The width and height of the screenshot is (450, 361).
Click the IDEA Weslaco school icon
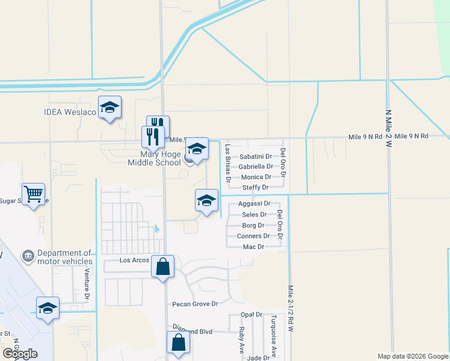(109, 108)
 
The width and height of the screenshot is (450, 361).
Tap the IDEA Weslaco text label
(70, 113)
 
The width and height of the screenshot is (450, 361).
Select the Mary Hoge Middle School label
(155, 158)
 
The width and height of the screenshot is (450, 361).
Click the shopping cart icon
(34, 194)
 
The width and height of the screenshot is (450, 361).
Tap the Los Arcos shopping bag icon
(162, 267)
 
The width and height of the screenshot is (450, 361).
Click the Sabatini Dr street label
(256, 156)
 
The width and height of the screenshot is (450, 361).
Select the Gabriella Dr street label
(256, 167)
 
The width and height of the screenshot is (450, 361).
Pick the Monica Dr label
(256, 177)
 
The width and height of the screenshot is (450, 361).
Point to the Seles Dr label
(254, 215)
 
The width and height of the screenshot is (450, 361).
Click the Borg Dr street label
(253, 226)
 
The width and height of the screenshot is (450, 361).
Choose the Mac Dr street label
(253, 247)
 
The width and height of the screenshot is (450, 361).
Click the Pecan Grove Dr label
(195, 304)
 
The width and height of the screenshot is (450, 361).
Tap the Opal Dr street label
(251, 315)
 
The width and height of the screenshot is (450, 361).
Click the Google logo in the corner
(20, 354)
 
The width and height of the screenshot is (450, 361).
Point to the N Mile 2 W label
(387, 128)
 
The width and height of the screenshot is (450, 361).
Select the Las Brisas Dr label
(228, 162)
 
